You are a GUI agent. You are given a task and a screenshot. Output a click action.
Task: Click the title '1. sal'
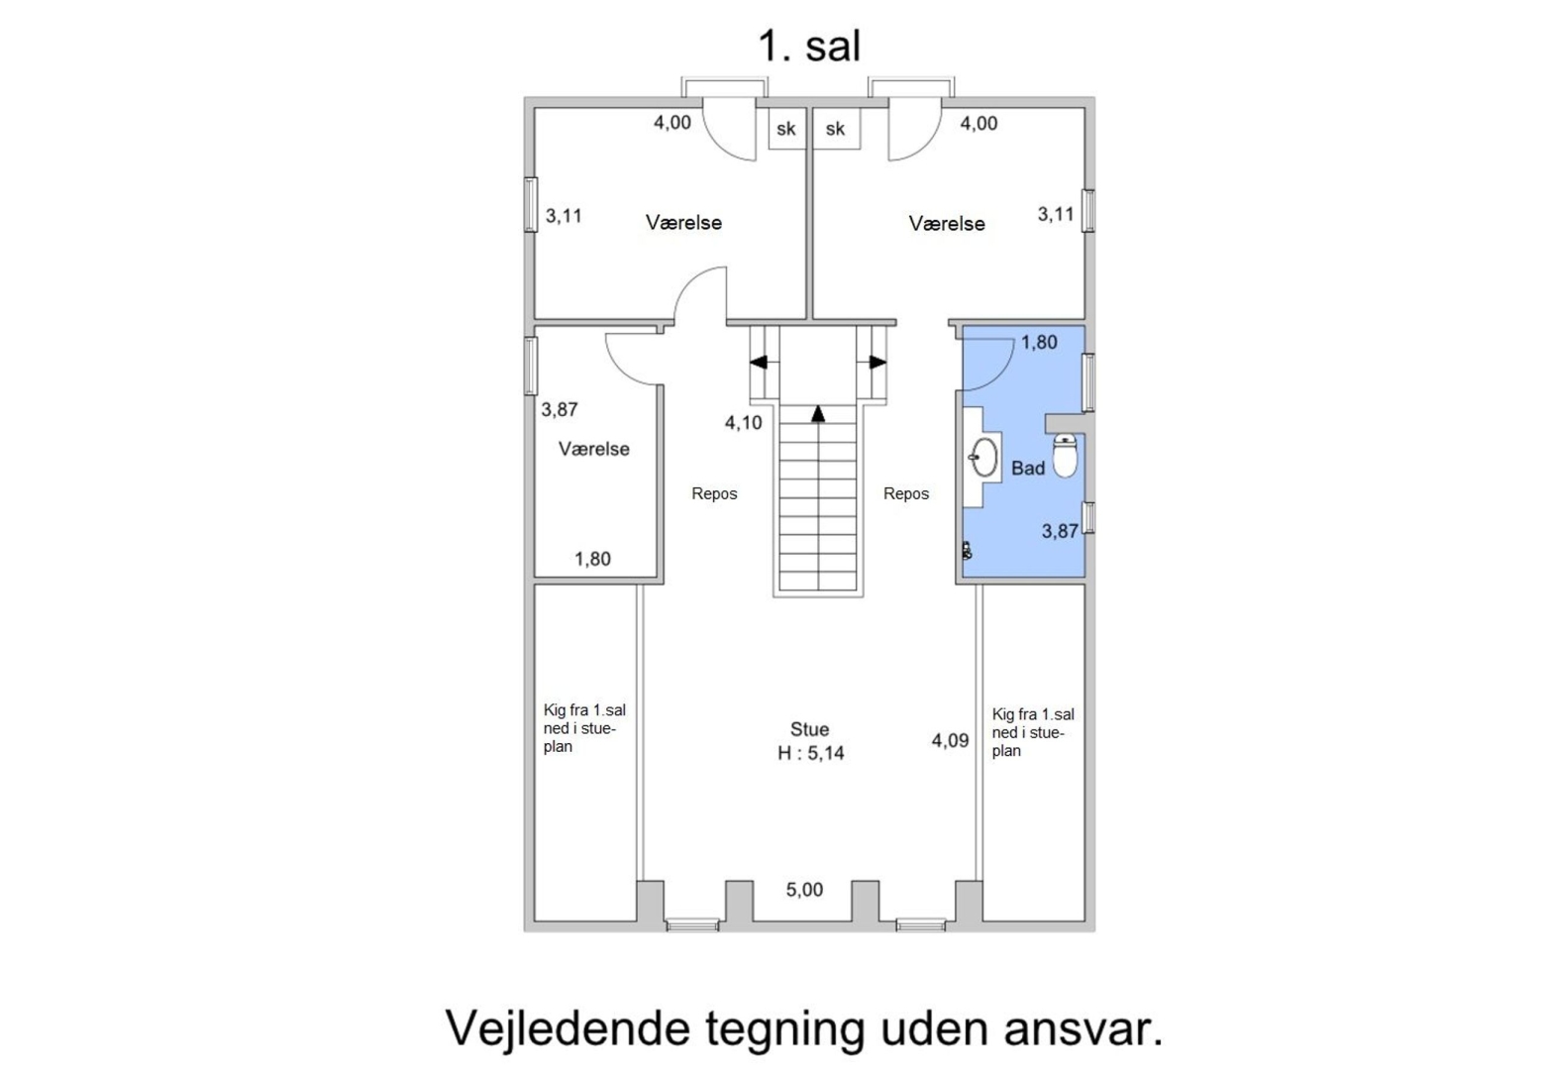[810, 47]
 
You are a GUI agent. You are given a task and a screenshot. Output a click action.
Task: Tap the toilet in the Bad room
[1066, 456]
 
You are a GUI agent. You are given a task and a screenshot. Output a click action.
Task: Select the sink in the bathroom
[984, 457]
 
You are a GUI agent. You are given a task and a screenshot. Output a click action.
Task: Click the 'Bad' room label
[1028, 469]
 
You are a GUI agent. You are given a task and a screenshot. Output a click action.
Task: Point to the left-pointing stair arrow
[758, 363]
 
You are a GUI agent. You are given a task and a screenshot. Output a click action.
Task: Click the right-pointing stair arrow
[878, 363]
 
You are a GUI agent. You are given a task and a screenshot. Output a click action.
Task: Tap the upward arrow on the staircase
[818, 413]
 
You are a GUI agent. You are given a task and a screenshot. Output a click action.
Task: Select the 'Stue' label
[810, 729]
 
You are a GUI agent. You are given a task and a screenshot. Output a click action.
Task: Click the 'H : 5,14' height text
[811, 753]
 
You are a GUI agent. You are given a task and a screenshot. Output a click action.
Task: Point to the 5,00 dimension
[804, 890]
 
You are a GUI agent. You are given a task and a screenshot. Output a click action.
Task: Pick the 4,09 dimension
[951, 740]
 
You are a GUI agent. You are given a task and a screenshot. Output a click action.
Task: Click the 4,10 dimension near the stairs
[744, 423]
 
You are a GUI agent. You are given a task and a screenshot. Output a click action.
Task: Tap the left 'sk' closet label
[786, 129]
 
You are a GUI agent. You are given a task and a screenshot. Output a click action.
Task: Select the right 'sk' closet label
[835, 129]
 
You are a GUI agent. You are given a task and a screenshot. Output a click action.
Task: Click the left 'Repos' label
[715, 493]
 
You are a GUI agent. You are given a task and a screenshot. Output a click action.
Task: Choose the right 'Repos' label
[906, 493]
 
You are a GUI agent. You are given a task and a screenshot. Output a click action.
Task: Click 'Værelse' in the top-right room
[947, 224]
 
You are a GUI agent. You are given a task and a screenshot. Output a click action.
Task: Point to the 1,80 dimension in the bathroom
[1040, 342]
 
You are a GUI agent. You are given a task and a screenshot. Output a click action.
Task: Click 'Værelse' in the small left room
[594, 449]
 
